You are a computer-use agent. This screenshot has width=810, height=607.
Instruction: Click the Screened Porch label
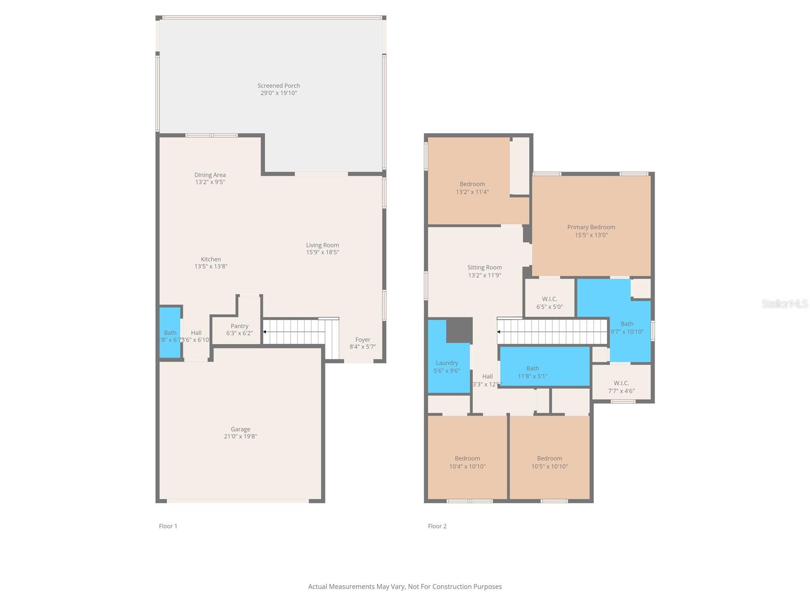click(x=278, y=86)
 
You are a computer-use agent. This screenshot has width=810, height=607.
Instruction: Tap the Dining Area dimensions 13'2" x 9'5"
click(x=210, y=182)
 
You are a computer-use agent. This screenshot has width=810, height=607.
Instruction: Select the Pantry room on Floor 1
click(x=239, y=329)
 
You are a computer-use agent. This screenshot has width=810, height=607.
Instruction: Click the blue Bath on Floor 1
click(x=170, y=332)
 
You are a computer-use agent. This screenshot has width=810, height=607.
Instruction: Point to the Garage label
click(x=240, y=429)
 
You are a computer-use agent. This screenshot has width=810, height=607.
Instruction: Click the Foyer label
click(x=362, y=340)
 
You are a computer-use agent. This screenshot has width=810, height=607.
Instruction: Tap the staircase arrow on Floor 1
click(x=265, y=332)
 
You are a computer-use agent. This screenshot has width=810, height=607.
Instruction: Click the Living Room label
click(x=322, y=245)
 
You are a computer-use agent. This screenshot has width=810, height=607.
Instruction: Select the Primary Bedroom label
click(x=591, y=227)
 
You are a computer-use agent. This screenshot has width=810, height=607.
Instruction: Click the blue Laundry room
click(x=447, y=367)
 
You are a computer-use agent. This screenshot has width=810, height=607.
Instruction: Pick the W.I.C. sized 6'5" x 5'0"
click(x=549, y=303)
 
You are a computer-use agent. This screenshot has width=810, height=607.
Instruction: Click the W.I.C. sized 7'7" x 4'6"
click(x=621, y=387)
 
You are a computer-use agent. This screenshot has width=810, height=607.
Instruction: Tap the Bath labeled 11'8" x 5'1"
click(x=533, y=372)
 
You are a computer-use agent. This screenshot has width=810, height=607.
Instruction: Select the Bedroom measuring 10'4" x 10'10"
click(x=467, y=462)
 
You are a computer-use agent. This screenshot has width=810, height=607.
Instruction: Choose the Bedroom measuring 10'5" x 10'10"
click(x=549, y=462)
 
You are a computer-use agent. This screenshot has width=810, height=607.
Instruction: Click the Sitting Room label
click(x=484, y=268)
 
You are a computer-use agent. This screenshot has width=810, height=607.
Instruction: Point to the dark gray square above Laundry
click(x=459, y=330)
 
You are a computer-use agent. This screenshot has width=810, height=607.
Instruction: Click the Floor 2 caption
click(x=437, y=526)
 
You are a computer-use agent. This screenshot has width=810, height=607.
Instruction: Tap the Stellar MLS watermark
click(x=785, y=303)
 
